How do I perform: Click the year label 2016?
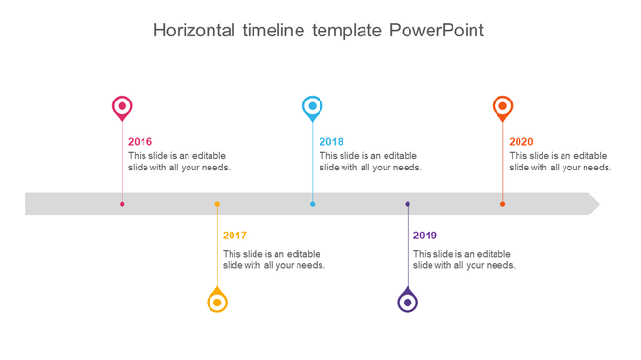coord(140,142)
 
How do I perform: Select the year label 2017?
coord(234,236)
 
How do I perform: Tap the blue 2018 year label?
coord(331,142)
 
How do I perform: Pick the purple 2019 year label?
coord(425,236)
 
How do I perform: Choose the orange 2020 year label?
coord(521,142)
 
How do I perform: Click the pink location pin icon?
coord(122,106)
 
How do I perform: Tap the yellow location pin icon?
coord(217,302)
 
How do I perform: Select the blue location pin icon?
coord(312,106)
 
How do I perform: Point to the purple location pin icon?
coord(408,302)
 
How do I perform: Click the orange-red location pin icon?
coord(502,106)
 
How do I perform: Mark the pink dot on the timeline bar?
coord(122,204)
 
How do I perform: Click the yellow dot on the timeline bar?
coord(217,204)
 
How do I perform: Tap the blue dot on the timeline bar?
coord(312,204)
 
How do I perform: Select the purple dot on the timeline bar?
coord(408,204)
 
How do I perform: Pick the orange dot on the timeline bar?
coord(502,204)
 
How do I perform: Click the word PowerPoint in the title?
coord(436,31)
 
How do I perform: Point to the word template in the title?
coord(347,31)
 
